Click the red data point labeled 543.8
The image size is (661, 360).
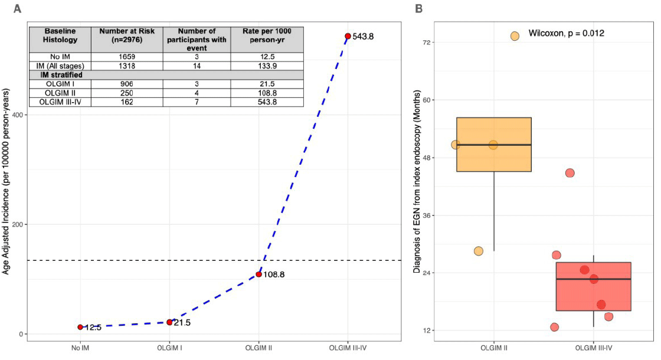tap(348, 36)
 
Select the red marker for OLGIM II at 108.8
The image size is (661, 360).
tap(258, 274)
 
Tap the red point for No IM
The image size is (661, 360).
tap(80, 327)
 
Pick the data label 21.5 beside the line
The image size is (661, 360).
tap(182, 323)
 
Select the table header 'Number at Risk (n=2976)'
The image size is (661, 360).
tap(126, 39)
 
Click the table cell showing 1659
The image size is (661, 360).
tap(126, 56)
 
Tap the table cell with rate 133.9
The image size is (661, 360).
tap(266, 66)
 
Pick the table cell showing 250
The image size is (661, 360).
tap(126, 93)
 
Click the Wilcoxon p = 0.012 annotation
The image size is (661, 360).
tap(566, 34)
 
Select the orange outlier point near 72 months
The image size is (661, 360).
tap(515, 36)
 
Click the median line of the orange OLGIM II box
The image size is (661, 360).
tap(494, 145)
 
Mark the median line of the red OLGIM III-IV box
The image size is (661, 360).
tap(594, 279)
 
